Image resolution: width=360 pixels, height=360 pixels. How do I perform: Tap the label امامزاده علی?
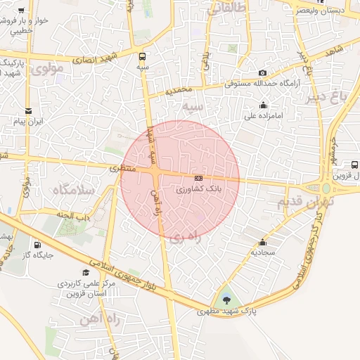click(264, 115)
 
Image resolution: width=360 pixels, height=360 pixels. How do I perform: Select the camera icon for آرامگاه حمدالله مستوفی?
click(262, 73)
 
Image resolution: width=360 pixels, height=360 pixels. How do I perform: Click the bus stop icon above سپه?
click(143, 56)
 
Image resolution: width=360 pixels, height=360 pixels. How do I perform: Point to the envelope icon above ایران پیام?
click(28, 111)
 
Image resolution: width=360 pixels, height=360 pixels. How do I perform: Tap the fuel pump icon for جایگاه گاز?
click(37, 245)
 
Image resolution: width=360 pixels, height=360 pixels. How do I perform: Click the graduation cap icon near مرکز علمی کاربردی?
click(86, 272)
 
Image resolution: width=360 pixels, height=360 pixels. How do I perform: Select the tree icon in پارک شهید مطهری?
click(226, 300)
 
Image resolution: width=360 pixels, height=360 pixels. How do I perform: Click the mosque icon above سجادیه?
click(263, 241)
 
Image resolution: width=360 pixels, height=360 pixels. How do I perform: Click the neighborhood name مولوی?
click(48, 68)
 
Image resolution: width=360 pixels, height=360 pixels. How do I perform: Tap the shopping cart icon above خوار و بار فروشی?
click(21, 11)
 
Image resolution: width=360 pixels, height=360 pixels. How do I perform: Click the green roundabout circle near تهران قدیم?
click(326, 188)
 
